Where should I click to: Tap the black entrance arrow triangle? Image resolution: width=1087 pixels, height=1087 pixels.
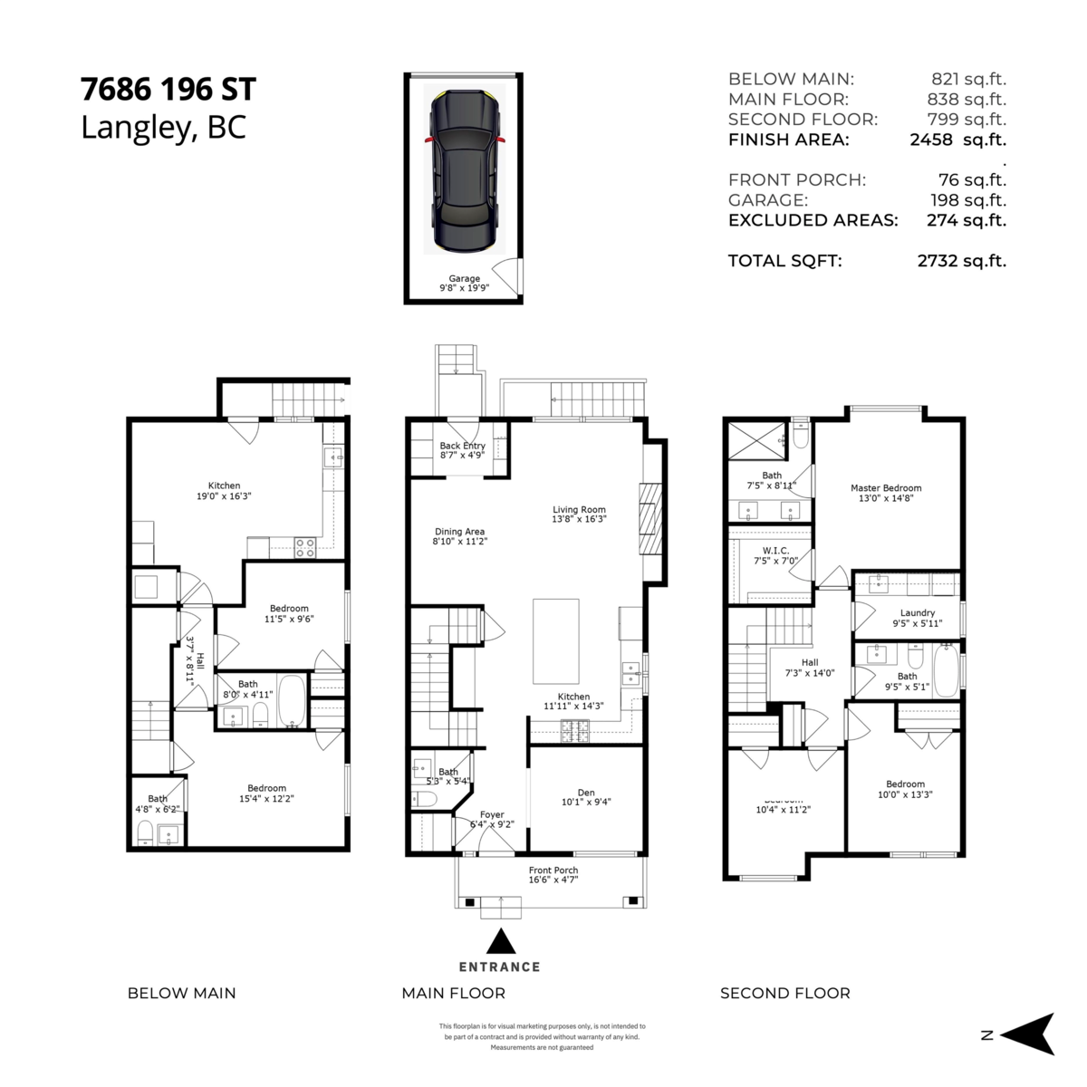500,942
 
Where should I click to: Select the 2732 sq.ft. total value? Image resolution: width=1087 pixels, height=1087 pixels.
961,261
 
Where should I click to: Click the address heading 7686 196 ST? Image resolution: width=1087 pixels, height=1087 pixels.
168,90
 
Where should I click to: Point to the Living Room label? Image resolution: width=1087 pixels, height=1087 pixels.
579,515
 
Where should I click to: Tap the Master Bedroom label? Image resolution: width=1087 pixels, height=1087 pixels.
885,493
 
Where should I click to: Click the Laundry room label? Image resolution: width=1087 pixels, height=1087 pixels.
917,618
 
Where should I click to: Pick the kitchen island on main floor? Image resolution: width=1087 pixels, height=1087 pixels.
554,640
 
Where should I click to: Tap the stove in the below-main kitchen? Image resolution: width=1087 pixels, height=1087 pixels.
305,548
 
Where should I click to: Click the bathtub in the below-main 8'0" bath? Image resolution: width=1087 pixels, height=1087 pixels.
292,701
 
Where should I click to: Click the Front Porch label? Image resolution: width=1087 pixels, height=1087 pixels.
553,875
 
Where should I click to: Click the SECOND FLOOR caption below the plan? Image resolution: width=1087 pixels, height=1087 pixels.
784,994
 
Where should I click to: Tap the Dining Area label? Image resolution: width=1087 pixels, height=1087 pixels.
459,536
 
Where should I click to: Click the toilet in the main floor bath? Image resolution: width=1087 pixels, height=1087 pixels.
425,798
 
